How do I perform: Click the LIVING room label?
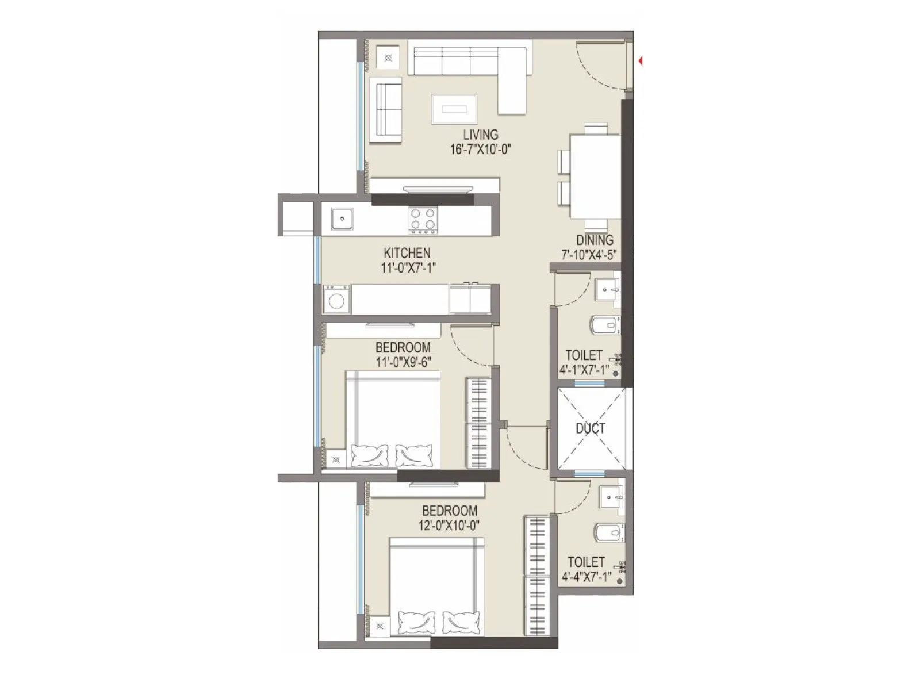(x=481, y=135)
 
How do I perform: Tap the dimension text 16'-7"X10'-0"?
(x=481, y=149)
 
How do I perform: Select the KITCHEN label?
(x=407, y=253)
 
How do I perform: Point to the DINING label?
(x=595, y=240)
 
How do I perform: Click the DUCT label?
(x=591, y=428)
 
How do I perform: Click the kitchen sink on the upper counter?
(x=342, y=219)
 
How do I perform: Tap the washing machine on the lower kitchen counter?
(x=336, y=300)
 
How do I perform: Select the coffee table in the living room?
(x=454, y=108)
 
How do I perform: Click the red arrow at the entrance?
(x=640, y=60)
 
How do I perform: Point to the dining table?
(x=595, y=176)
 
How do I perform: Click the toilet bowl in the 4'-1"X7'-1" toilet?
(x=605, y=325)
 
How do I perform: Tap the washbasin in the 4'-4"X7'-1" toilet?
(x=611, y=496)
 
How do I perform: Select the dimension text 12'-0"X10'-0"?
(x=450, y=526)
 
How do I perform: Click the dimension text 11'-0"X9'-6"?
(x=403, y=362)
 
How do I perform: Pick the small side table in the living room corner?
(x=389, y=57)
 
